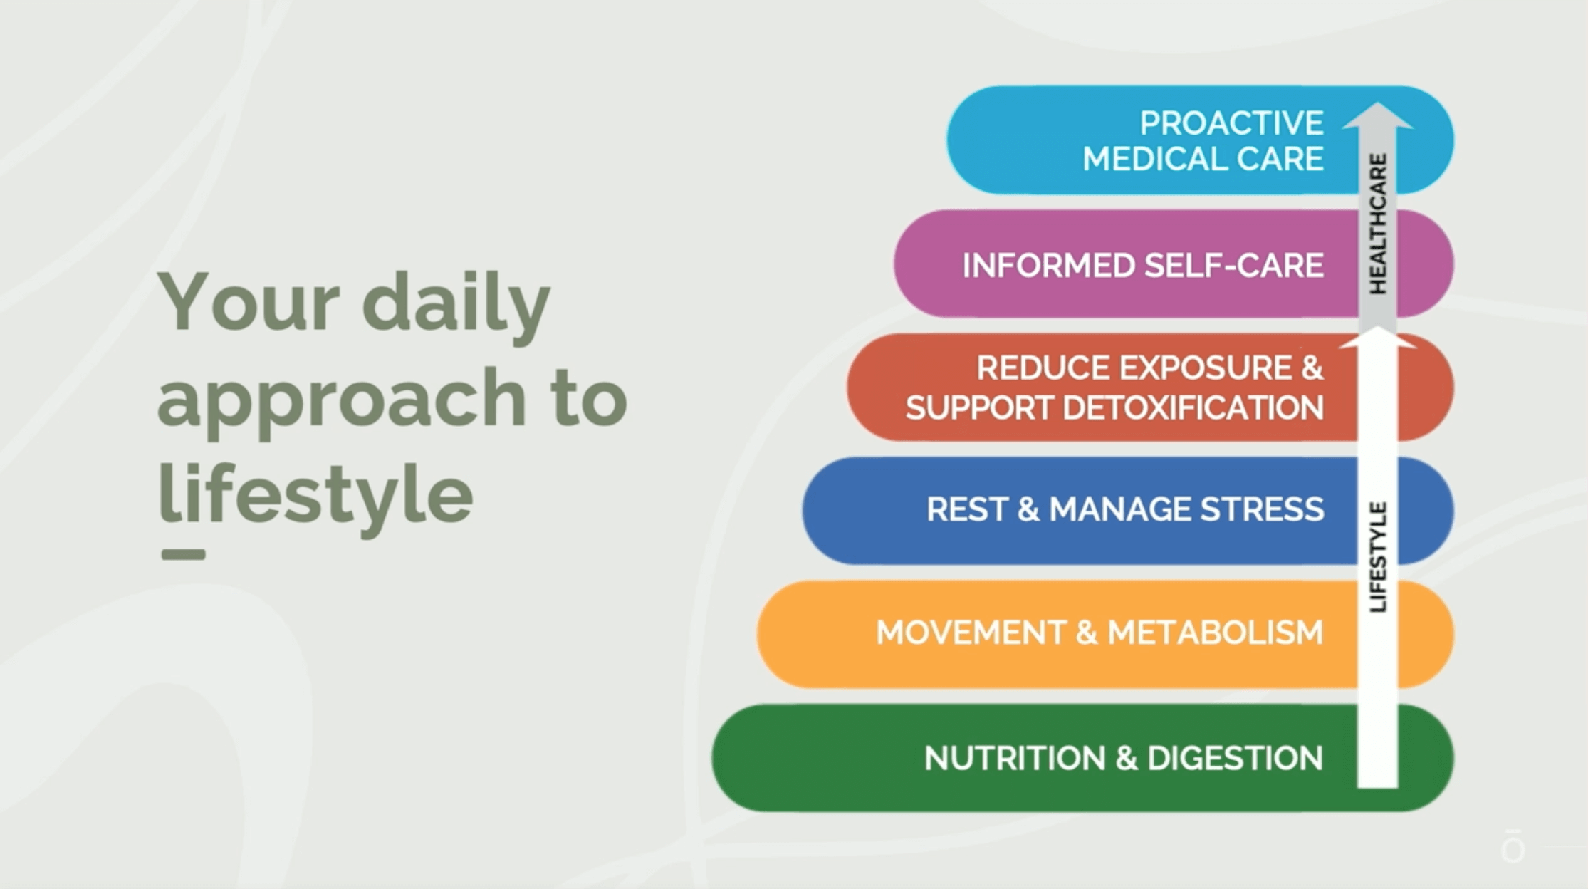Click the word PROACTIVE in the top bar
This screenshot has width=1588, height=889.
pos(1231,123)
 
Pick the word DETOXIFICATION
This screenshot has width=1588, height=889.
pos(1193,408)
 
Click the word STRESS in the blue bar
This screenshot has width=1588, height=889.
pos(1262,509)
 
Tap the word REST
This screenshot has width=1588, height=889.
pos(967,509)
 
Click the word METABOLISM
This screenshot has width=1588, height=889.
pos(1215,633)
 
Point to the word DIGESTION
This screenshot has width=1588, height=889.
pos(1235,758)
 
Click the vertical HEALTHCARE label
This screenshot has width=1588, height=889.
pos(1379,224)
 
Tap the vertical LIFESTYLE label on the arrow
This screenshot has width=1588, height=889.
pos(1379,557)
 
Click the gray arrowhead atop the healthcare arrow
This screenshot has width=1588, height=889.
pos(1378,116)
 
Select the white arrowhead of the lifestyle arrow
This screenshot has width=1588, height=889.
pos(1378,337)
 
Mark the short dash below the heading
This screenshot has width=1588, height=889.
pos(184,555)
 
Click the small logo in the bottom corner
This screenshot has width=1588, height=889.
pos(1513,846)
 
